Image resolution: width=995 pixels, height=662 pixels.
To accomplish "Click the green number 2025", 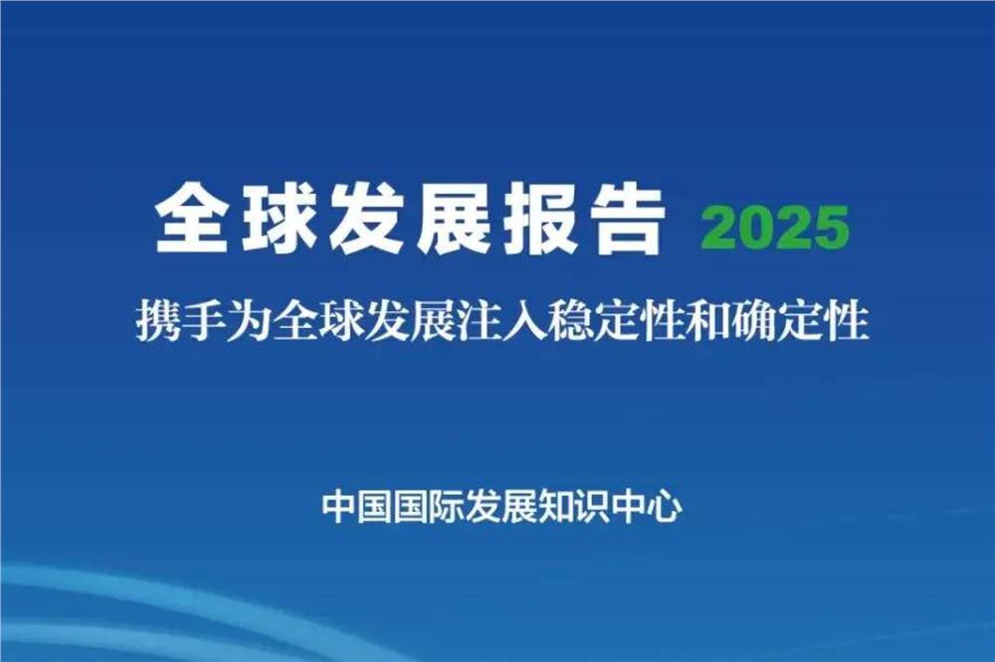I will tap(776, 229).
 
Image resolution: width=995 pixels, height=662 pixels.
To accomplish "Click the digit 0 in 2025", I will tap(758, 229).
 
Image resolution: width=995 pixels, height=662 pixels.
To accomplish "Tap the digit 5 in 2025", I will tap(832, 229).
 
